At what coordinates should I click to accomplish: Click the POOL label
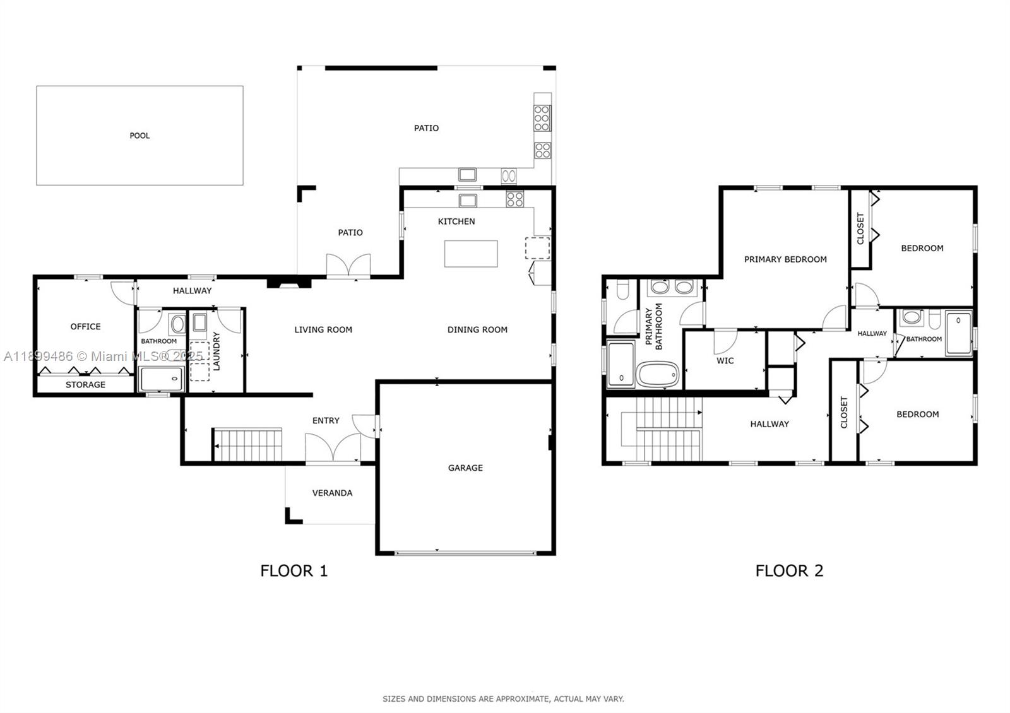140,136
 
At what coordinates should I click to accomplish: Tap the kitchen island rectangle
471,254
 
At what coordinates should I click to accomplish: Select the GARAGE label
465,468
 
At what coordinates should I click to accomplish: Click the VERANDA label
332,493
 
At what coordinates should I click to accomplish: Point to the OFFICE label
85,326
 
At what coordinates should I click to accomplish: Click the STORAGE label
85,384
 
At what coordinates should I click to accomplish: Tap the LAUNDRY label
217,351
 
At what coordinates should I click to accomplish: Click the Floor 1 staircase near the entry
247,445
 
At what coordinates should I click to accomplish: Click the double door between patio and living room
348,265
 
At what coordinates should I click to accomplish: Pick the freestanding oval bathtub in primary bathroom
658,375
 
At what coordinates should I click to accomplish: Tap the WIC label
725,360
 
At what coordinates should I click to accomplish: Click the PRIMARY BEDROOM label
785,259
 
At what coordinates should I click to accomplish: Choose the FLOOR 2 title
790,571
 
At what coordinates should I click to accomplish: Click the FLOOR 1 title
294,571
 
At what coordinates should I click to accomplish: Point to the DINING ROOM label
477,329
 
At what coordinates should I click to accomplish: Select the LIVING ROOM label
323,329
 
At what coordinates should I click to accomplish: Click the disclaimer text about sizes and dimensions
503,699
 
